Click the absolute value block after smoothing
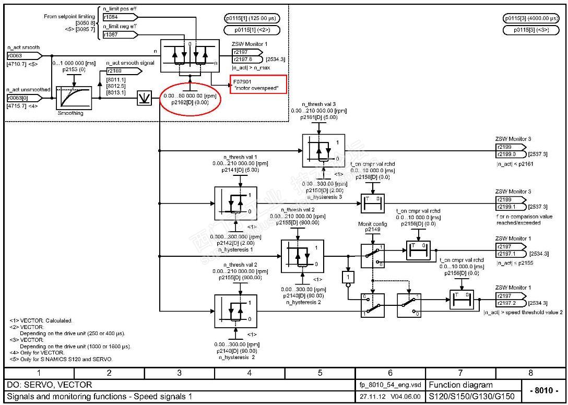pyautogui.click(x=144, y=98)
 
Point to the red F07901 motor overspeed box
pyautogui.click(x=258, y=84)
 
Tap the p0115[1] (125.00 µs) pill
pyautogui.click(x=252, y=19)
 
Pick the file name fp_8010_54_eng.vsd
pyautogui.click(x=390, y=385)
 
